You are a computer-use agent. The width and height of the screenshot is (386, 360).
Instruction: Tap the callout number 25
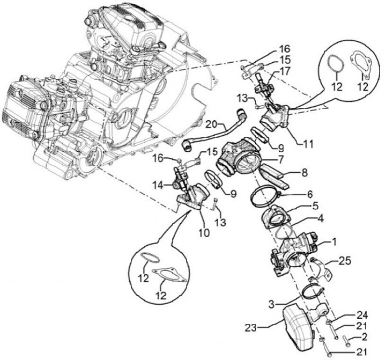coord(344,262)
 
